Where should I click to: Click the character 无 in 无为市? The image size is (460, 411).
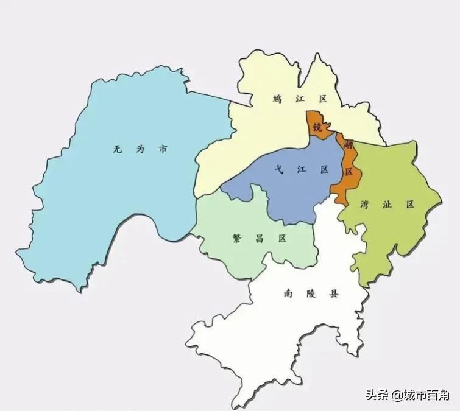[116, 149]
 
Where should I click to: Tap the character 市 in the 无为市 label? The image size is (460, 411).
[163, 149]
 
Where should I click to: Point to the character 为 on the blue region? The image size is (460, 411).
[140, 149]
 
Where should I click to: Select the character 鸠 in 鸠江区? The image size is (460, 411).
[277, 99]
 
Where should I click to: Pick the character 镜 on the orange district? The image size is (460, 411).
[317, 127]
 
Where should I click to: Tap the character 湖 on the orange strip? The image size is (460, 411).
[348, 145]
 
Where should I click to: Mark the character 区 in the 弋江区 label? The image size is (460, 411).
[324, 169]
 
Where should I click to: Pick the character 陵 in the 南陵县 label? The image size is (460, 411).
[311, 293]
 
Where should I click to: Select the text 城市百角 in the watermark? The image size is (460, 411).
[426, 395]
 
